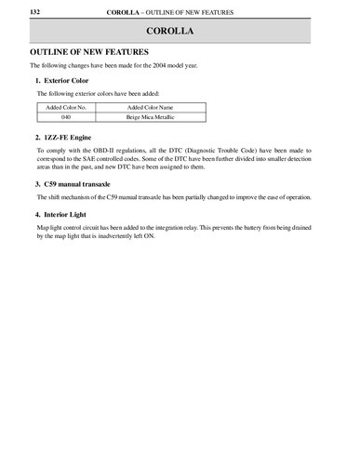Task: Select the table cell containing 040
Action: click(x=66, y=118)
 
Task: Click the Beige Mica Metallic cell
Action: click(x=150, y=118)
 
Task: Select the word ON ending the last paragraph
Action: click(x=150, y=236)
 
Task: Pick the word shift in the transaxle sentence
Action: click(x=52, y=197)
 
